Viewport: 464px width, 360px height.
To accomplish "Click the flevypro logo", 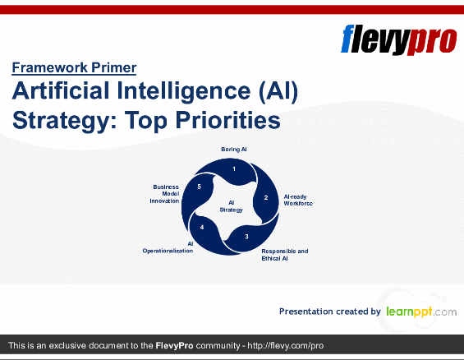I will tap(397, 39).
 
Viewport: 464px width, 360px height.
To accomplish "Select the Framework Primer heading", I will tap(74, 68).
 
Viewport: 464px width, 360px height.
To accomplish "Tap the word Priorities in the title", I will tap(226, 121).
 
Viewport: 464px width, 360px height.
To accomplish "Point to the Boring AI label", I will tap(234, 149).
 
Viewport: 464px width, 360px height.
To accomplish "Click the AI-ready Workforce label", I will tap(298, 200).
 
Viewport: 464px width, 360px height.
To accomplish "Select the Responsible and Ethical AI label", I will tap(285, 254).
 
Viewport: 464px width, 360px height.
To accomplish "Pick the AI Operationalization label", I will tap(168, 247).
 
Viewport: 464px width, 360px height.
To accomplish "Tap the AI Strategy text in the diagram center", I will tap(231, 205).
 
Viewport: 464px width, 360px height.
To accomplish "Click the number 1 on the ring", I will tap(234, 168).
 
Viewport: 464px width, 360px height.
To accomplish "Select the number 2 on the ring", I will tap(266, 197).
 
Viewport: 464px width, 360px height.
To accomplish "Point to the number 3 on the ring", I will tap(246, 237).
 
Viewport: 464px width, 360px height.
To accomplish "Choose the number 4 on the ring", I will tap(202, 227).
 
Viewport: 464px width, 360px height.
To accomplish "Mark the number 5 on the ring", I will tap(200, 187).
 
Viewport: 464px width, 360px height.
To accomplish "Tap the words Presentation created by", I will tap(329, 312).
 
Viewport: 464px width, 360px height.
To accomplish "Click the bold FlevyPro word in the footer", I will tap(174, 346).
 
